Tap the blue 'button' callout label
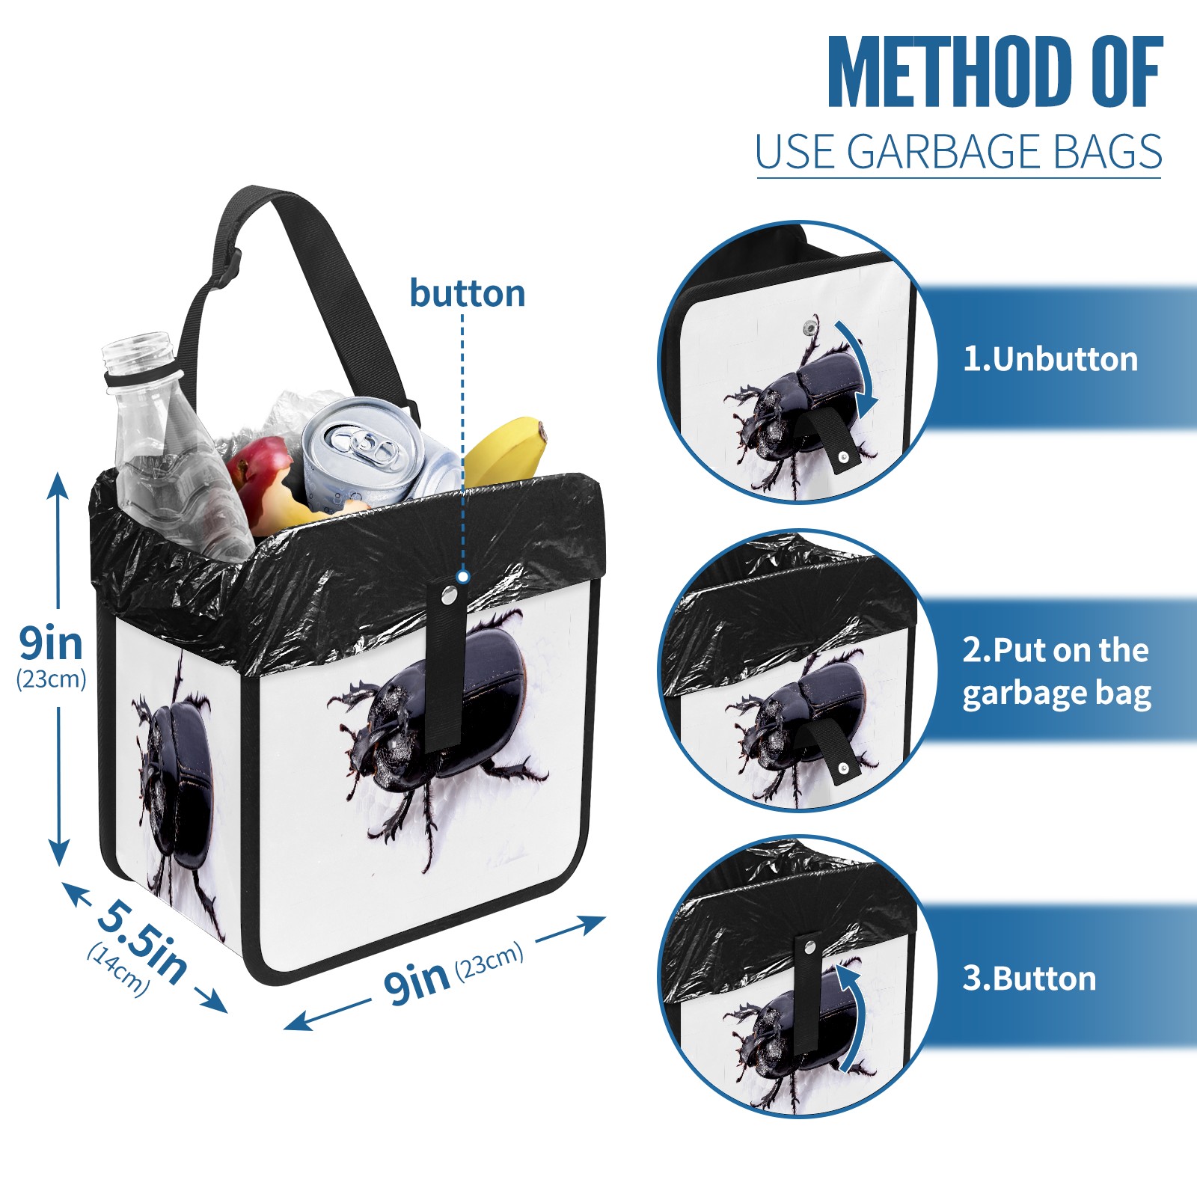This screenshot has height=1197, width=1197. [x=467, y=293]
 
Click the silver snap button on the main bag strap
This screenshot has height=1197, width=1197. [x=449, y=595]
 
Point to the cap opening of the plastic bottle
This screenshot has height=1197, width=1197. [x=138, y=350]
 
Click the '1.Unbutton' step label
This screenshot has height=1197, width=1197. [x=1050, y=359]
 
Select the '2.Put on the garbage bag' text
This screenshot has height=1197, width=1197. [x=1056, y=672]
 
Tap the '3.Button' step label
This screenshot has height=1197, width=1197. [x=1029, y=979]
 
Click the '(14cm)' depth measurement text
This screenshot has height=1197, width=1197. [x=118, y=970]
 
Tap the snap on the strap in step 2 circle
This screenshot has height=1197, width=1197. [x=844, y=768]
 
